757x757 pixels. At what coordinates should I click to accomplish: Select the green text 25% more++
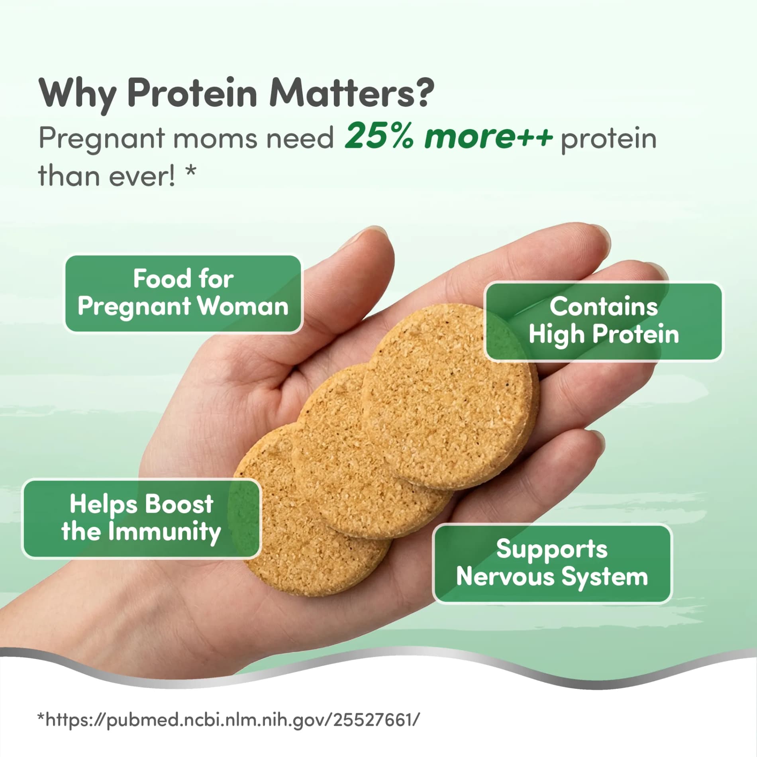coord(448,137)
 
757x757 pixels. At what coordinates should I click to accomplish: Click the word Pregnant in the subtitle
coord(102,139)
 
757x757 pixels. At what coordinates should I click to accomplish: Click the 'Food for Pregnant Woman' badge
coord(183,293)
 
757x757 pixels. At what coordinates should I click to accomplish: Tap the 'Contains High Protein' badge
coord(603,321)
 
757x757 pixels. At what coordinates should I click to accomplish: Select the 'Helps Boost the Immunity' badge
coord(141,518)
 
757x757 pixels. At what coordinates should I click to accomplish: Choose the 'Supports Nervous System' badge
coord(552,563)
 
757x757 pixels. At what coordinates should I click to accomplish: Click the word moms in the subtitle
coord(215,139)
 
